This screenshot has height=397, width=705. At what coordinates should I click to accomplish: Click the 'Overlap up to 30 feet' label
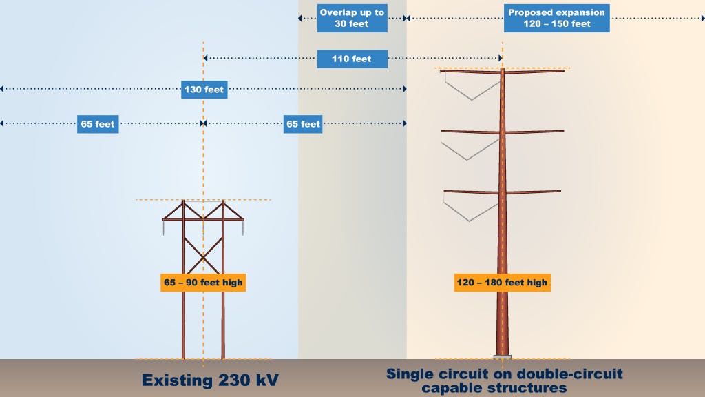tap(352, 18)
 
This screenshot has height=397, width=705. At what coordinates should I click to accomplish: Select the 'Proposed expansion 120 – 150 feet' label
tap(556, 18)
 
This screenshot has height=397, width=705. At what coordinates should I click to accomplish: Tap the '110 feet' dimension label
tap(352, 59)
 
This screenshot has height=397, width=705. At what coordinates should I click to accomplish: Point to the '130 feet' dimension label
tap(204, 89)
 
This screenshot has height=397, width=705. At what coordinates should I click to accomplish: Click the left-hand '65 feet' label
tap(97, 124)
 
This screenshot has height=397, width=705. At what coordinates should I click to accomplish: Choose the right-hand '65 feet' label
tap(303, 124)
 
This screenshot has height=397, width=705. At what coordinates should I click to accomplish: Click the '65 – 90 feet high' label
tap(203, 283)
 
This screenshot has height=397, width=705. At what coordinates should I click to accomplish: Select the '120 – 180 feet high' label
tap(502, 283)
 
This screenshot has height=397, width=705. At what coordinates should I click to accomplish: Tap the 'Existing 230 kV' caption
tap(209, 380)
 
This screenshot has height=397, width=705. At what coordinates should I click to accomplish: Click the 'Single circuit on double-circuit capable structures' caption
tap(504, 380)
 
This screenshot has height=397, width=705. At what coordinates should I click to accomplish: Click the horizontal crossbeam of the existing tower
tap(203, 219)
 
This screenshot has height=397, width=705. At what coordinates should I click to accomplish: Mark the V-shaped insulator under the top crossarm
tap(471, 88)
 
